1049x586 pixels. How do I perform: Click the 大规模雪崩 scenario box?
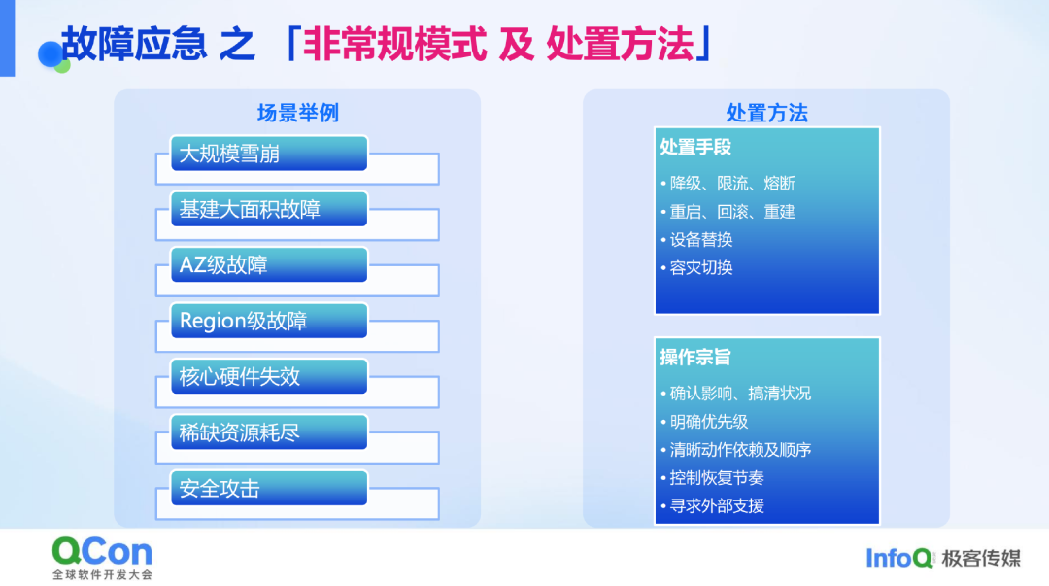269,154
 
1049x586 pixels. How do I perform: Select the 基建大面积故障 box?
269,209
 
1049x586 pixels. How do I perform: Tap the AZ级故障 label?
223,265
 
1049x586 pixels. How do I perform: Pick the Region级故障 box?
269,321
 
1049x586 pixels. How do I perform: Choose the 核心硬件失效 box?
269,376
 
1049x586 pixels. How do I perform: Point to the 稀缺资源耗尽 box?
269,432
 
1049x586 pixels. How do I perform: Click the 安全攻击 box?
269,488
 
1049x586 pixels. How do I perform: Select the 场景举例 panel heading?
298,113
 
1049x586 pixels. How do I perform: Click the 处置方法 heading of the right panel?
766,113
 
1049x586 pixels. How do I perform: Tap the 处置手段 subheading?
695,147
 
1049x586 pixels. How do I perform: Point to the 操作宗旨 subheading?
695,357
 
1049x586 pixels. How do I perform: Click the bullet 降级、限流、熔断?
728,183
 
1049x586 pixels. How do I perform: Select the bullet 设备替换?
696,239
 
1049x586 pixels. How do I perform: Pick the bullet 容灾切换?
696,267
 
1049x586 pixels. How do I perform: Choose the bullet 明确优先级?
704,421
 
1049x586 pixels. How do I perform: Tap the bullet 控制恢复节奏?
712,477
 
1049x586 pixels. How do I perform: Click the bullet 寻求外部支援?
712,505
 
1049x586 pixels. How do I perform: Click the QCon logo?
102,558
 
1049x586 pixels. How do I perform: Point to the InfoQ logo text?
899,558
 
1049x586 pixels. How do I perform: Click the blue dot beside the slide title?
51,54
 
